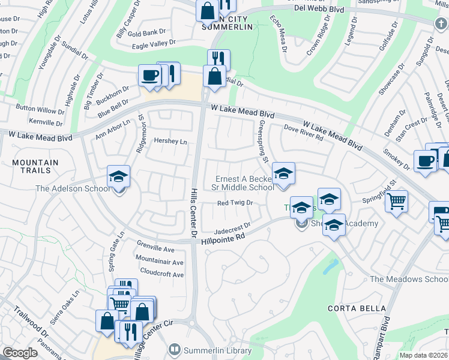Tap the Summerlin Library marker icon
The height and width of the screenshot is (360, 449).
pyautogui.click(x=175, y=349)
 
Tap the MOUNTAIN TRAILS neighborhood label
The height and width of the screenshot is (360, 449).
pyautogui.click(x=35, y=167)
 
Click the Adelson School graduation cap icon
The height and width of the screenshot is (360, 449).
pyautogui.click(x=119, y=177)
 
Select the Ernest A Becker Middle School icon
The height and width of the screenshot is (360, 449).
pyautogui.click(x=283, y=174)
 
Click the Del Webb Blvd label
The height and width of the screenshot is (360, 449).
pyautogui.click(x=319, y=9)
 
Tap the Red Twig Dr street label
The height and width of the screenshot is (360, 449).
pyautogui.click(x=235, y=203)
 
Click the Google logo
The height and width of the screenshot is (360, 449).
pyautogui.click(x=20, y=353)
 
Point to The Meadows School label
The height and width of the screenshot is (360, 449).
pyautogui.click(x=409, y=280)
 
